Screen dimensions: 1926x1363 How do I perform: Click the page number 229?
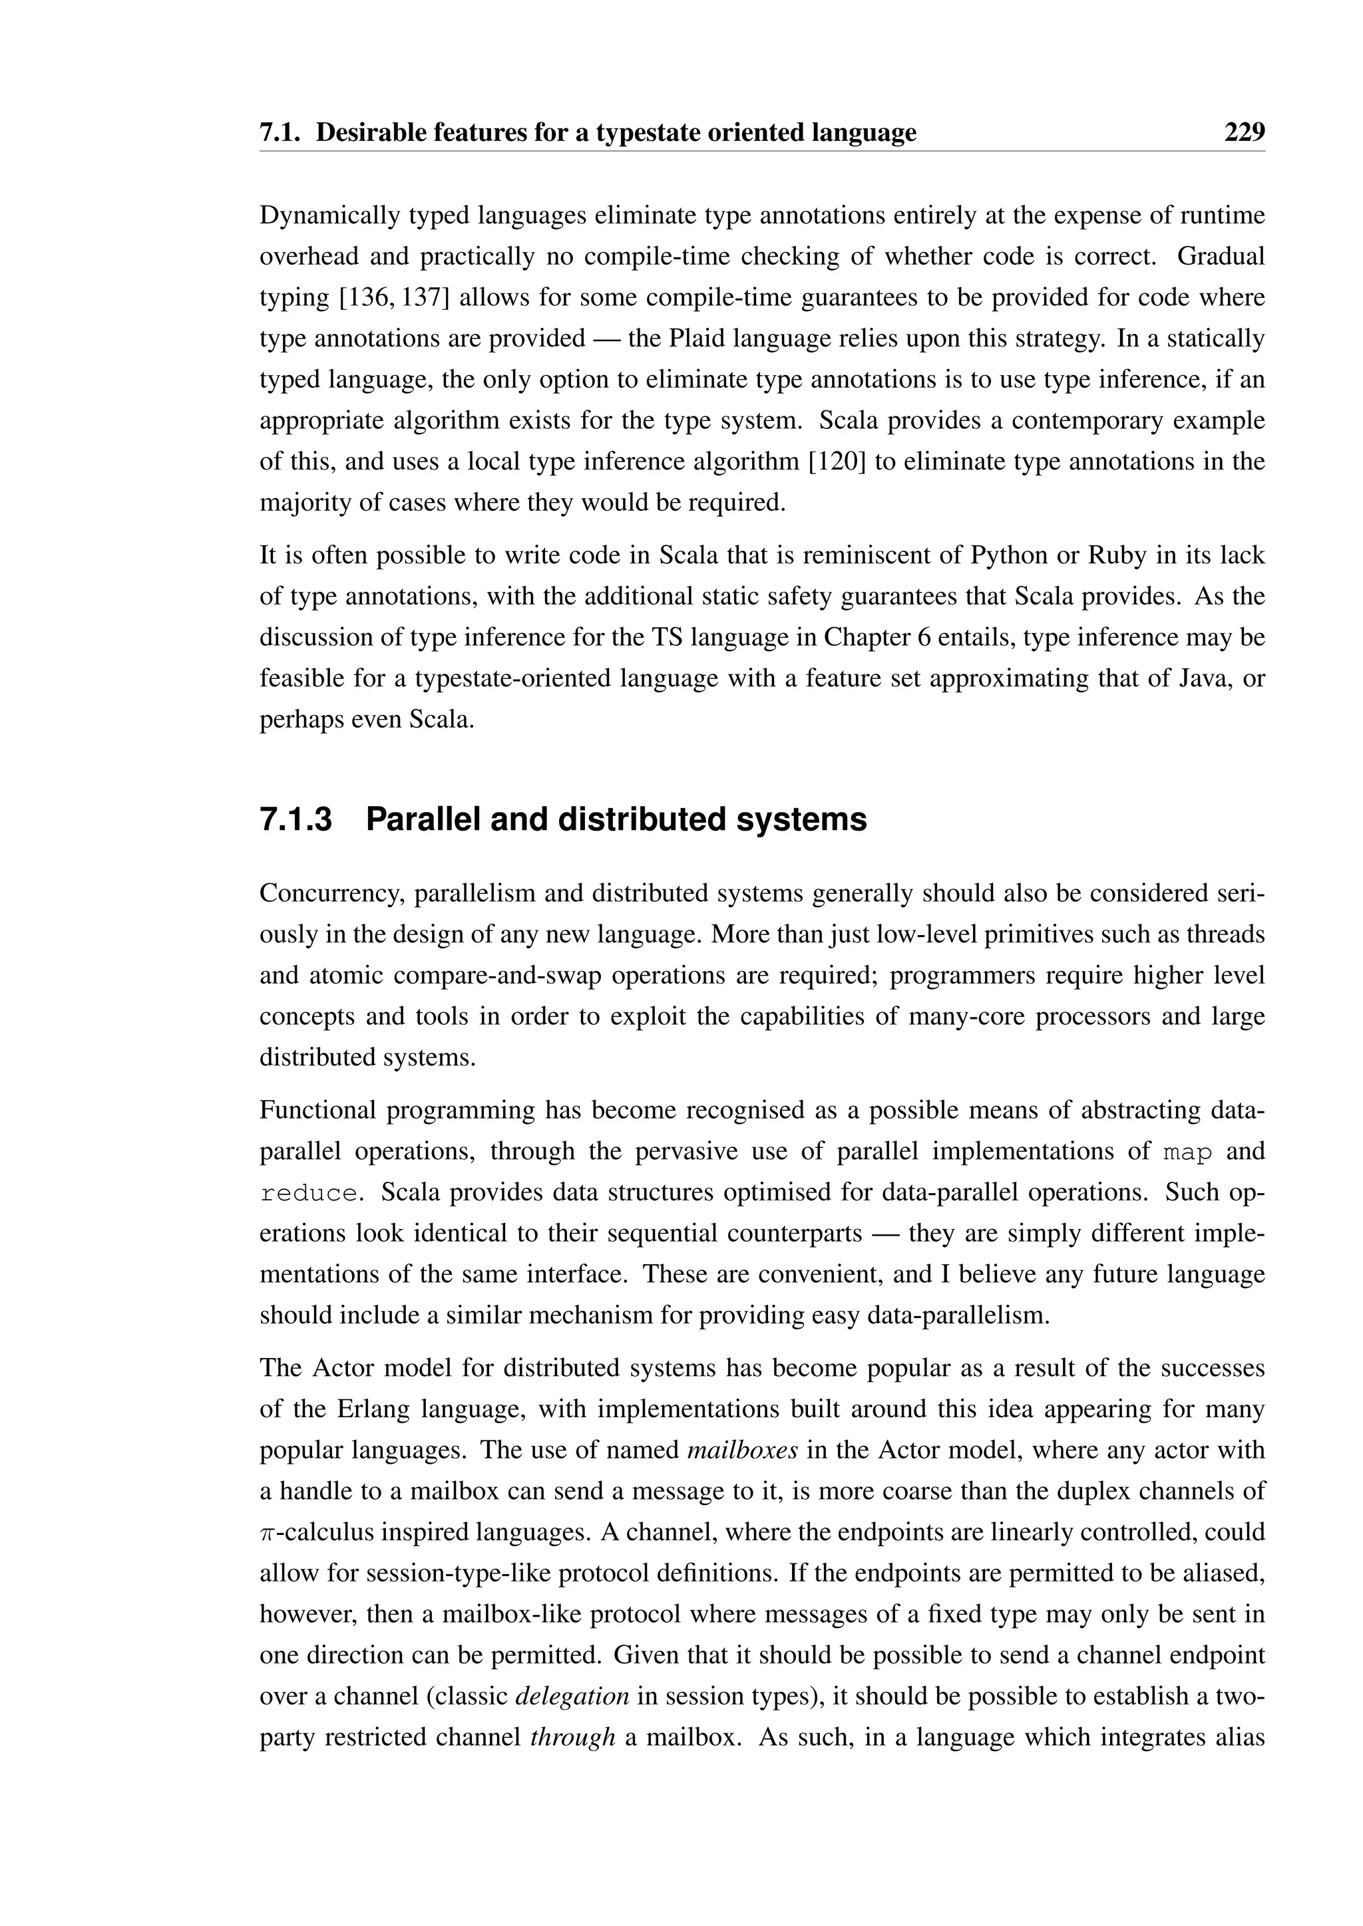1244,132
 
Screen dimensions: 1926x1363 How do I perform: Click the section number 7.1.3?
295,819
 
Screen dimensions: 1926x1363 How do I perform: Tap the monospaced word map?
1187,1152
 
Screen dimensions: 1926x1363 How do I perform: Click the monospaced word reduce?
308,1194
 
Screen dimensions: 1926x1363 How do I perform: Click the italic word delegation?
572,1695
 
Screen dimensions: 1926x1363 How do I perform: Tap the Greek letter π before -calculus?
266,1532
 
